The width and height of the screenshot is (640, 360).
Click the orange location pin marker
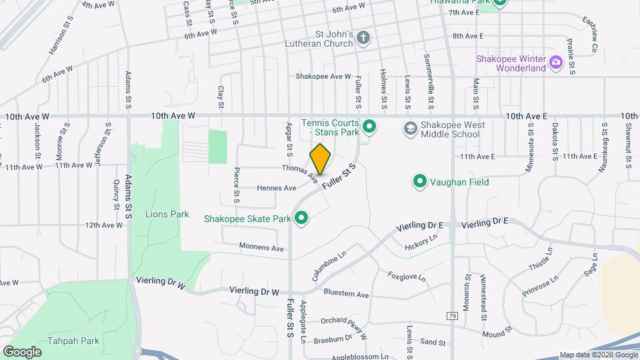320,159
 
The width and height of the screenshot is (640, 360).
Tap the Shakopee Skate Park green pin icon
301,218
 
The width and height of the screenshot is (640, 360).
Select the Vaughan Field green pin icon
420,181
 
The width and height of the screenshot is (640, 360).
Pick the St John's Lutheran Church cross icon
363,37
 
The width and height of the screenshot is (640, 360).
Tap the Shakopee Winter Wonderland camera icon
555,63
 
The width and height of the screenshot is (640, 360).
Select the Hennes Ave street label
277,188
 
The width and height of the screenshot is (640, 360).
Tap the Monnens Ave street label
263,248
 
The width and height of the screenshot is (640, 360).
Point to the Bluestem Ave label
345,294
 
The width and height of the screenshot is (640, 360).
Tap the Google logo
22,351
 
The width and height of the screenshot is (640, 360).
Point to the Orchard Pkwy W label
344,322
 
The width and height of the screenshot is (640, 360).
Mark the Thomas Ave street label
299,173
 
